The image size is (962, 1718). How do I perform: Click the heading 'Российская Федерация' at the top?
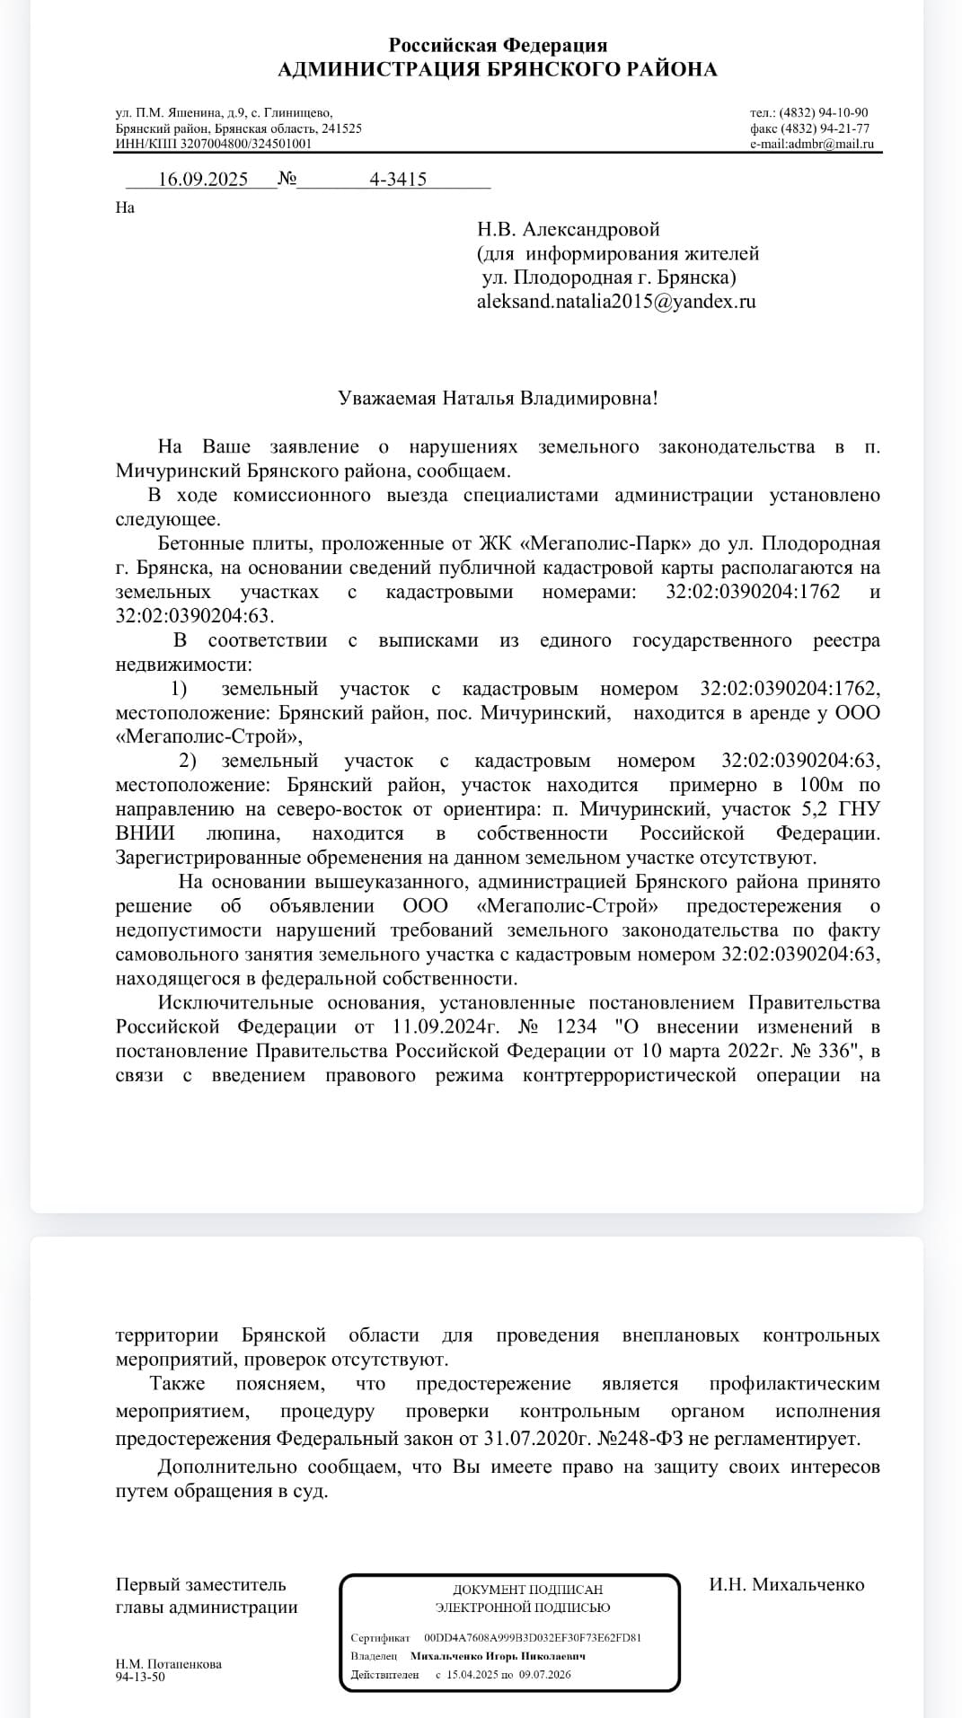(498, 45)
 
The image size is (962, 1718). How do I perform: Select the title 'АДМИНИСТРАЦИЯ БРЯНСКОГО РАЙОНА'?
(498, 70)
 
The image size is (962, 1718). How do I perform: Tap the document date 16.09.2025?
(203, 179)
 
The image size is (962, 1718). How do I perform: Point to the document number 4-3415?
(398, 179)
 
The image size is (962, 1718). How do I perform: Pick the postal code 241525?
(341, 128)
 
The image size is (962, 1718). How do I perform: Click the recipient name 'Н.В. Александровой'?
(569, 230)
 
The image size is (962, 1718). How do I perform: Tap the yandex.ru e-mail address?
(616, 302)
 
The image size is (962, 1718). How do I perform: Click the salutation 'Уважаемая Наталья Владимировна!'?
(498, 398)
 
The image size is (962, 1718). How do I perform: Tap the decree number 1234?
(576, 1026)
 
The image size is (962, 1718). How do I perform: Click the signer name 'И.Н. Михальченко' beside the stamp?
(786, 1584)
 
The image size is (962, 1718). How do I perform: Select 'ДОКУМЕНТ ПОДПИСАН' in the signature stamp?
(527, 1590)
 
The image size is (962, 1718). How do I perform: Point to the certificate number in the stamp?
(532, 1637)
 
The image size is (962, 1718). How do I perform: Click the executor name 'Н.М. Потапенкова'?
(169, 1664)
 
